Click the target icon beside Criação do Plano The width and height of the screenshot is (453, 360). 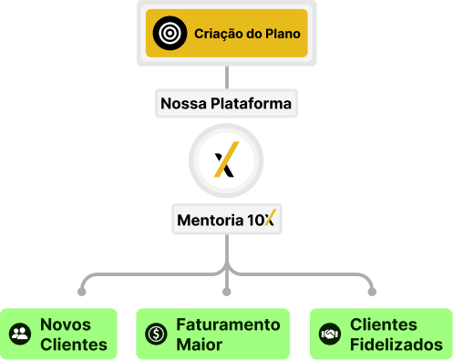tap(170, 33)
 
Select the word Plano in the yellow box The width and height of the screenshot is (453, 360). tap(283, 34)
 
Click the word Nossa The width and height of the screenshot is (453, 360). tap(183, 103)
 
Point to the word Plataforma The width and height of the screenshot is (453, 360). tap(251, 103)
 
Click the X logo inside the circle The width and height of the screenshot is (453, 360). tap(226, 159)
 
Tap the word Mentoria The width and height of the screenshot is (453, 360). tap(211, 220)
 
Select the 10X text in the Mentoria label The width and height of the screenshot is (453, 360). tap(262, 218)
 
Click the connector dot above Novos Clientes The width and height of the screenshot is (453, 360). tap(81, 292)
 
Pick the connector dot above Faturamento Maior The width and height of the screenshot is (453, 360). tap(227, 292)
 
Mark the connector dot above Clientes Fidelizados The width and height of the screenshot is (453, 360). tap(372, 292)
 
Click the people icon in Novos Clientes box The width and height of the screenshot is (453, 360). tap(20, 334)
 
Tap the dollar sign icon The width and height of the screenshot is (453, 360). tap(156, 334)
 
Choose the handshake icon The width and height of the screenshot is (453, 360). tap(330, 334)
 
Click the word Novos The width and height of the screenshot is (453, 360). tap(66, 324)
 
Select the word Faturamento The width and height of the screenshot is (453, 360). tap(228, 324)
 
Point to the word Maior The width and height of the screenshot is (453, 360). tap(200, 345)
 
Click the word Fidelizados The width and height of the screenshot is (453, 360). tap(396, 345)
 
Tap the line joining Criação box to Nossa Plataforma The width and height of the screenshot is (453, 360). tap(227, 77)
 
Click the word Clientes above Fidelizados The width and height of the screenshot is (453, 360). tap(384, 324)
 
